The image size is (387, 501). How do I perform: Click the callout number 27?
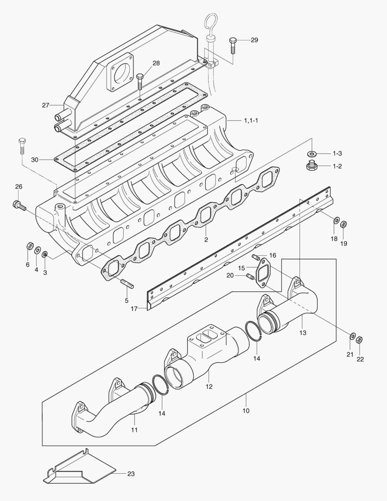tap(45, 105)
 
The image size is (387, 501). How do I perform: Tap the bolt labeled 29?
tap(232, 45)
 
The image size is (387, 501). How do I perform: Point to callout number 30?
tap(34, 160)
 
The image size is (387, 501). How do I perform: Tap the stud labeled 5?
tap(127, 283)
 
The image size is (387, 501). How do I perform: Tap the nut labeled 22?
tap(360, 340)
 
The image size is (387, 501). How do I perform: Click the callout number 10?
tap(246, 411)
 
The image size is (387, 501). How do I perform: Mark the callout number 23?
tap(131, 474)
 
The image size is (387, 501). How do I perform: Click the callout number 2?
tap(206, 240)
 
